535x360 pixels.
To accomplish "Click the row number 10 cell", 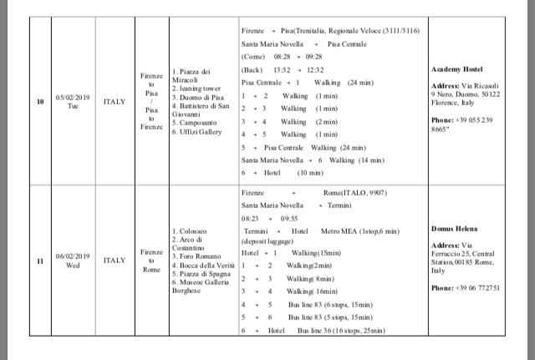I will (x=41, y=102).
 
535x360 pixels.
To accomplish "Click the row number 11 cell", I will (x=41, y=261).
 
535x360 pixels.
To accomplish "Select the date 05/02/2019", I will (x=72, y=97).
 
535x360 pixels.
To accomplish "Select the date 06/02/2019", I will (x=72, y=256).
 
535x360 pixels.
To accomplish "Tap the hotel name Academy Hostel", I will (x=456, y=69).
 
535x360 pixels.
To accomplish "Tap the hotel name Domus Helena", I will (x=454, y=227).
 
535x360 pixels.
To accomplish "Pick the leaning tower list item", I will (x=199, y=88).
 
